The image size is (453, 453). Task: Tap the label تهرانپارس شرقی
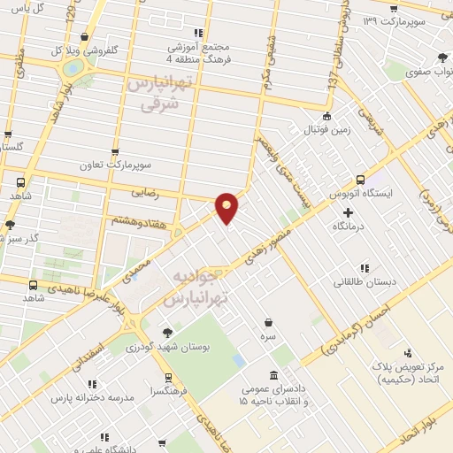pos(159,94)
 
